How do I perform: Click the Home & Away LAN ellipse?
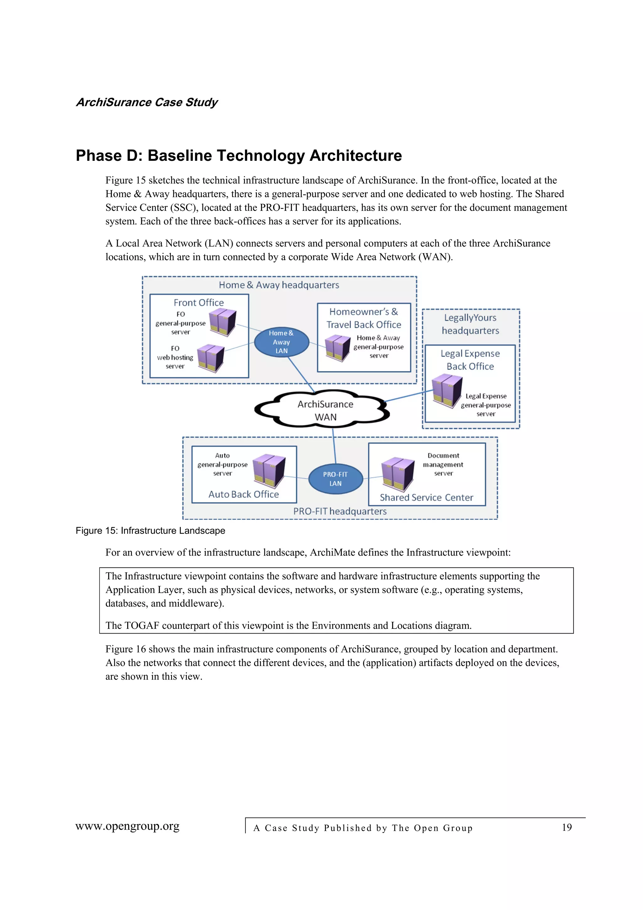[281, 342]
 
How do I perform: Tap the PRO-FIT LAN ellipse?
[335, 479]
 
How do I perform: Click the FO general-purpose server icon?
[223, 322]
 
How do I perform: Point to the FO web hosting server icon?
[211, 357]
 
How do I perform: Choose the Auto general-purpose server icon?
[269, 471]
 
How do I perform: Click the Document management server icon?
[397, 474]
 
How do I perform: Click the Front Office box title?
[198, 303]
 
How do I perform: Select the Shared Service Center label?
[426, 498]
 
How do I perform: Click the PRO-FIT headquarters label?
[339, 511]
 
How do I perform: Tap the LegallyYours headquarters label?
[470, 324]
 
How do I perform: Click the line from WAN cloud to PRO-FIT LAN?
[334, 446]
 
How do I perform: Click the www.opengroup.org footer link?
[127, 826]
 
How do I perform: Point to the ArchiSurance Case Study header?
[147, 102]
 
